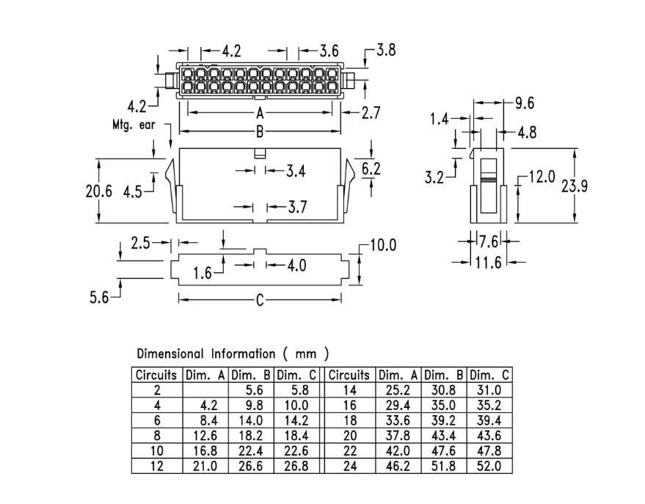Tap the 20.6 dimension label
(99, 192)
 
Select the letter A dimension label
(259, 114)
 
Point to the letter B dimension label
(259, 132)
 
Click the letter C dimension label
(259, 299)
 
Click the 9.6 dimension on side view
(525, 103)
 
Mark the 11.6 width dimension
(487, 262)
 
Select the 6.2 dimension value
(371, 169)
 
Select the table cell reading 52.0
(490, 466)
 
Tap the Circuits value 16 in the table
(349, 404)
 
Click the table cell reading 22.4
(252, 450)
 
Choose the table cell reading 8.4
(206, 420)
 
